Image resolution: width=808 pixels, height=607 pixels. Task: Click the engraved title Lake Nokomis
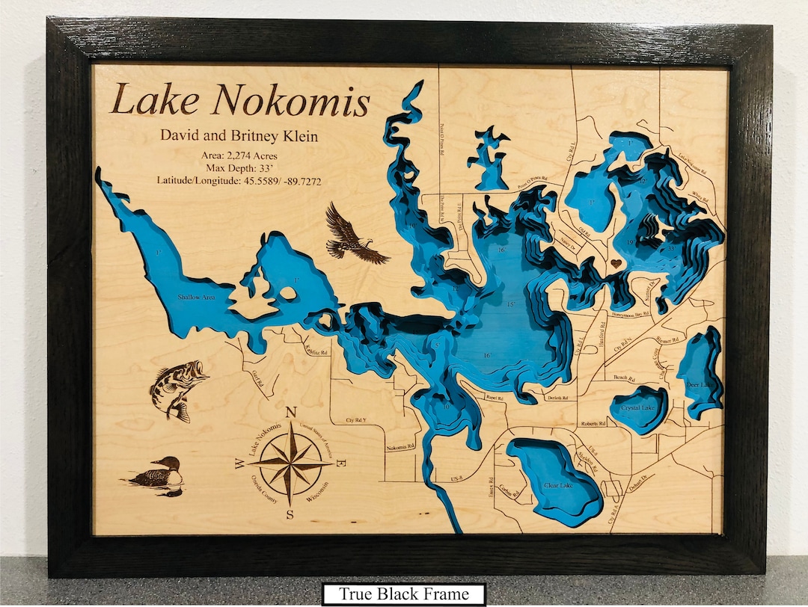[239, 101]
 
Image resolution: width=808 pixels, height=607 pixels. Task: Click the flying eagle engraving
[353, 236]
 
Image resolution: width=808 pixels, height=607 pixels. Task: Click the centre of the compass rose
[291, 463]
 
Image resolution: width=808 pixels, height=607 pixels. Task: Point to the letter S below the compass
[291, 514]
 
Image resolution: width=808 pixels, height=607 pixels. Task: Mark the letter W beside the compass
[239, 463]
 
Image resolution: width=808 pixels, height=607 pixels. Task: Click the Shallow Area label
[196, 298]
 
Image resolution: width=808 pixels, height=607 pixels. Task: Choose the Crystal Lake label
[637, 408]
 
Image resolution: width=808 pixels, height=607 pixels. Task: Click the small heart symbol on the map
[615, 263]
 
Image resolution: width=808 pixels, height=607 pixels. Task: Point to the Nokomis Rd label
[400, 447]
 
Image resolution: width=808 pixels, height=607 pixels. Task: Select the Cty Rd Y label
[356, 420]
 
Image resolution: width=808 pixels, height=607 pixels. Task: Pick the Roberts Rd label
[593, 424]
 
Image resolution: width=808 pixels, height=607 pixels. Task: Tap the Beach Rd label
[624, 378]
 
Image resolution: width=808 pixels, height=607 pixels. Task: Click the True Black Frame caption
[404, 594]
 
